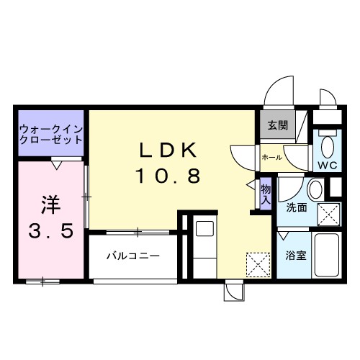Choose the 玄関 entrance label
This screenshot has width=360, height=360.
point(278,125)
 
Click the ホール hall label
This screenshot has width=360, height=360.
point(271,156)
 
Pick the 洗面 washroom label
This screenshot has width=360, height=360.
point(297,207)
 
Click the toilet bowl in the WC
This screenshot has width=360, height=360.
point(328,148)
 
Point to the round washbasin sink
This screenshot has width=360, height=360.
point(315,191)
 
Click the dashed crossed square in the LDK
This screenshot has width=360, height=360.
point(256,264)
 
